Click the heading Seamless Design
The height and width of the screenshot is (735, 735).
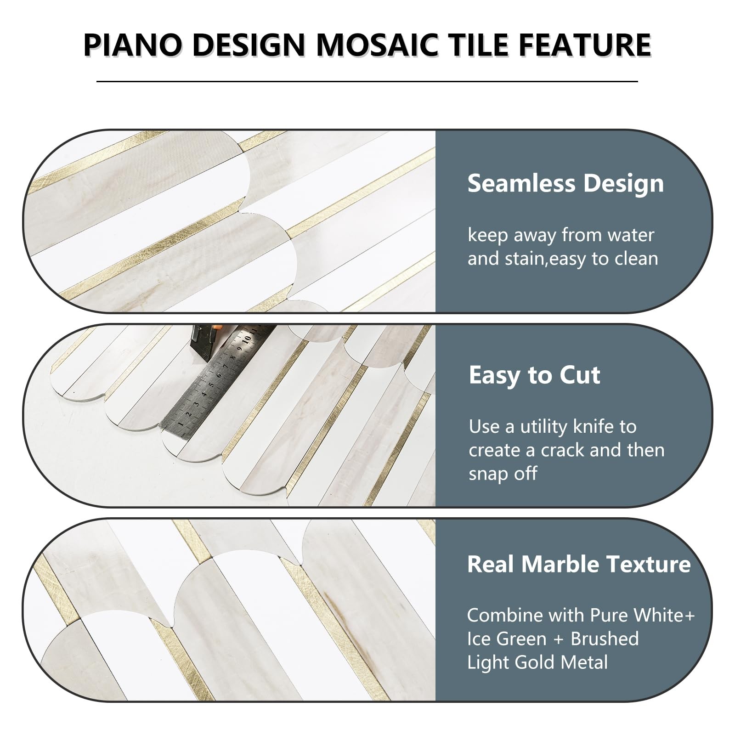click(x=565, y=183)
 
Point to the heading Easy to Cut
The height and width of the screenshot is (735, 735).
click(x=534, y=375)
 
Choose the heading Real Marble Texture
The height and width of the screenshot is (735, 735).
click(x=579, y=564)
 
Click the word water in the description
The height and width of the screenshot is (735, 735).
click(x=631, y=235)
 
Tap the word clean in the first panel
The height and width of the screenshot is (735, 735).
click(x=637, y=259)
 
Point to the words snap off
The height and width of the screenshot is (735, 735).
click(x=503, y=474)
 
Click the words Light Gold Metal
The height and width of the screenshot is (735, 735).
click(x=537, y=662)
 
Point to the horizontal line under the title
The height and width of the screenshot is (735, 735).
click(x=367, y=81)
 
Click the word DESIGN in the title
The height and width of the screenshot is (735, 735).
click(x=246, y=45)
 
